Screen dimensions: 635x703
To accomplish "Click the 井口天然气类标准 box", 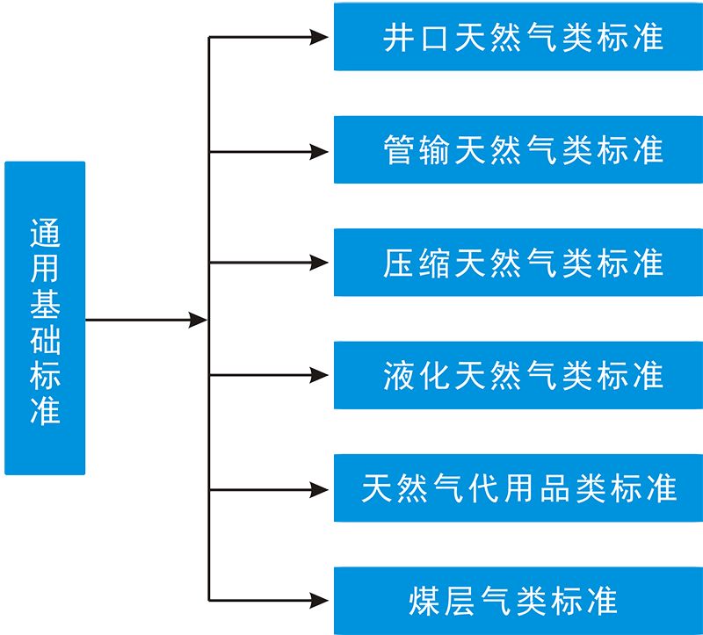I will tap(518, 37).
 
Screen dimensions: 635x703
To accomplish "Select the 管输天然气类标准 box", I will tap(518, 150).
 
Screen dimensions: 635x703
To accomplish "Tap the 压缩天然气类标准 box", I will tap(518, 263).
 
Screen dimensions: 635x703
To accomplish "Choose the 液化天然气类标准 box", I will tap(518, 376).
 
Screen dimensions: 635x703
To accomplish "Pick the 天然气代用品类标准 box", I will tap(518, 488).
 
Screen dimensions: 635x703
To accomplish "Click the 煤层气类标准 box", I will tap(518, 601).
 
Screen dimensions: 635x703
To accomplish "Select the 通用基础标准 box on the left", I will tap(45, 318).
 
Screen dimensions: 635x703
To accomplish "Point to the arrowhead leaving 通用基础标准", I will tap(197, 320).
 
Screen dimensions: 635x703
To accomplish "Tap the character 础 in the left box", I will tap(45, 337).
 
